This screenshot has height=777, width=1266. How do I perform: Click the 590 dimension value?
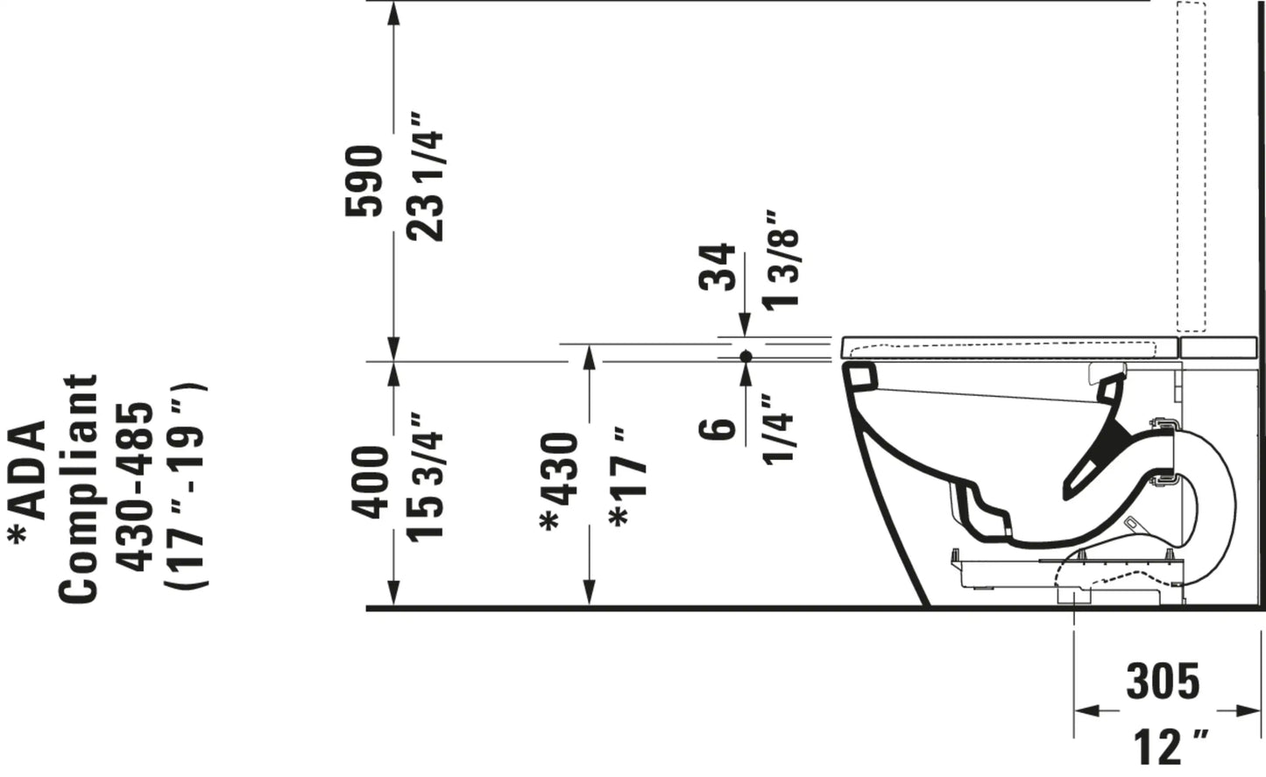click(364, 180)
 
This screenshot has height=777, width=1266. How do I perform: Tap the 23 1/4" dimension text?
click(425, 177)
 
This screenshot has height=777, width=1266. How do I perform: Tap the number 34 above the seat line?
click(718, 267)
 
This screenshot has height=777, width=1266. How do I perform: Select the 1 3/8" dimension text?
click(781, 260)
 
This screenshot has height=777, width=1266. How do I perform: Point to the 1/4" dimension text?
click(779, 429)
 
